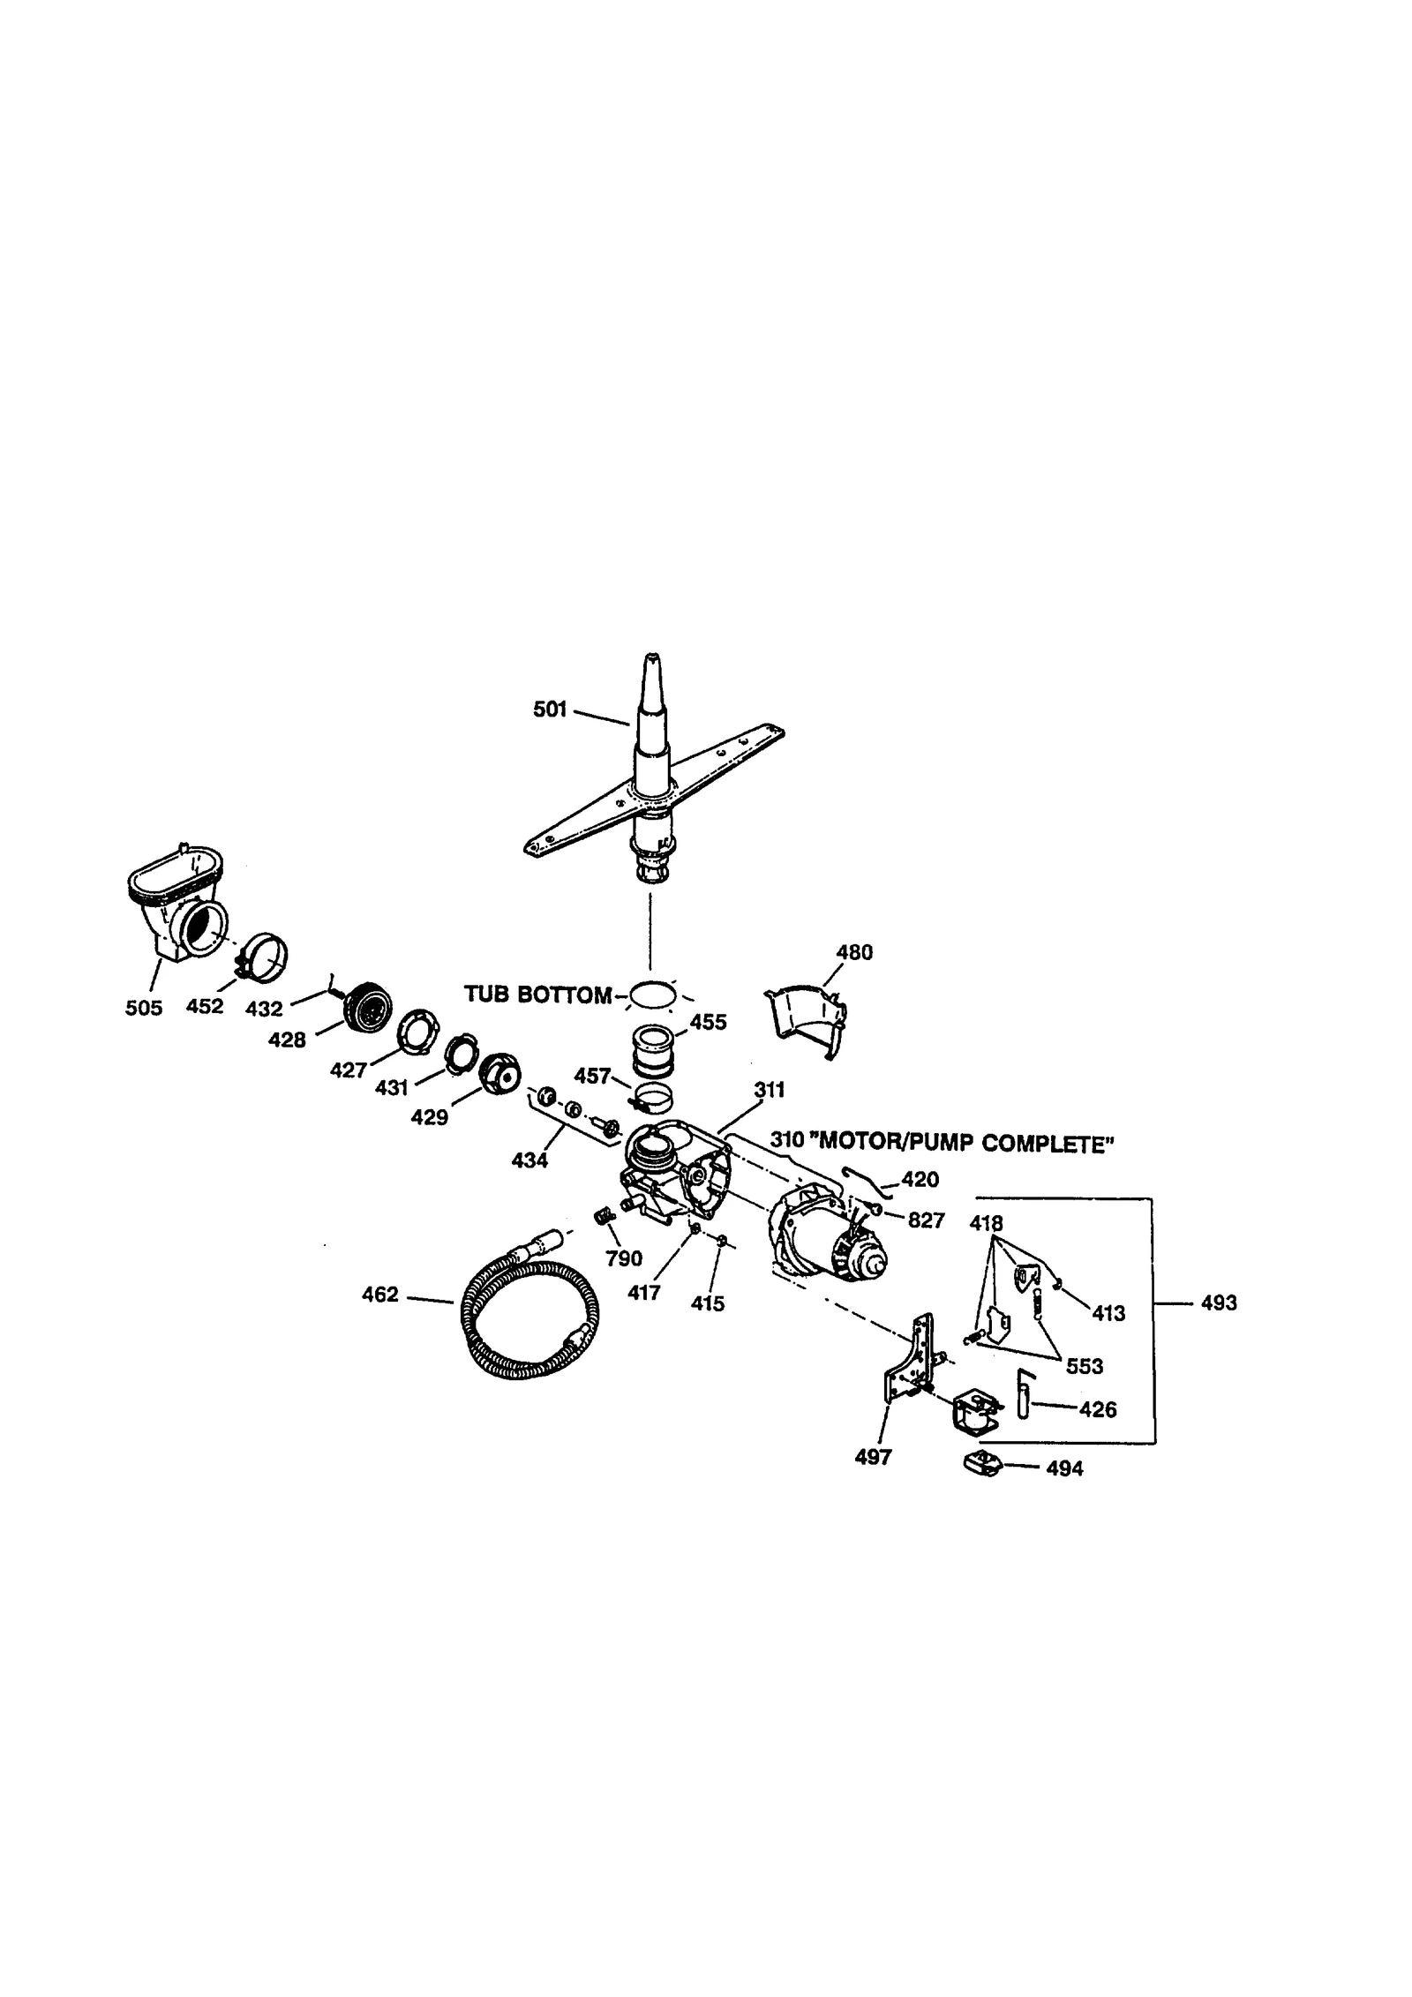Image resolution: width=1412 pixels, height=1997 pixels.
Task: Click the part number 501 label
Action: pos(549,709)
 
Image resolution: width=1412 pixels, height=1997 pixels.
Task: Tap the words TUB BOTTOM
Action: pos(537,995)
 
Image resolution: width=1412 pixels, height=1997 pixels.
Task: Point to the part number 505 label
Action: pos(144,1008)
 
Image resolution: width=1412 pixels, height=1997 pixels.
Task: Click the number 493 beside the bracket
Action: pos(1219,1303)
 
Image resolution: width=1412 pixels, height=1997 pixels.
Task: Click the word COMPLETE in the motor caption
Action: pos(1048,1145)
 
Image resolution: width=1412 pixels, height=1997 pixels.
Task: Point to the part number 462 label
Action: pos(380,1295)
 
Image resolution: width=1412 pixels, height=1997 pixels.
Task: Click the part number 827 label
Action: pos(926,1220)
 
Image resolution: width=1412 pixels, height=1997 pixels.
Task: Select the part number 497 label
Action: pos(873,1458)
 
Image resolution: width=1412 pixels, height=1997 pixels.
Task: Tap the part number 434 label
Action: pos(529,1160)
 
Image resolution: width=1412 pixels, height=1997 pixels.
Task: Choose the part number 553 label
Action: pos(1085,1366)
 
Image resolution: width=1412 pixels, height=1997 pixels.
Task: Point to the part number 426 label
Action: pos(1098,1409)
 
